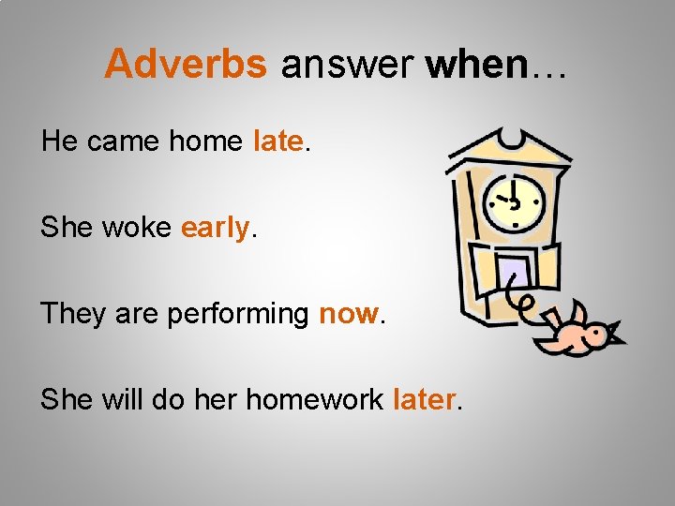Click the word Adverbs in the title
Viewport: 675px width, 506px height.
(x=186, y=64)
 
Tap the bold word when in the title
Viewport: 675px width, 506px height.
(x=476, y=64)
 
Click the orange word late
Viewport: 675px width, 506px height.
(x=277, y=141)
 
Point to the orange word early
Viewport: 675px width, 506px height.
(x=215, y=228)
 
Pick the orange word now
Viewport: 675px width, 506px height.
(x=348, y=314)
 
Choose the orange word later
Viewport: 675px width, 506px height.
(x=424, y=399)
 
